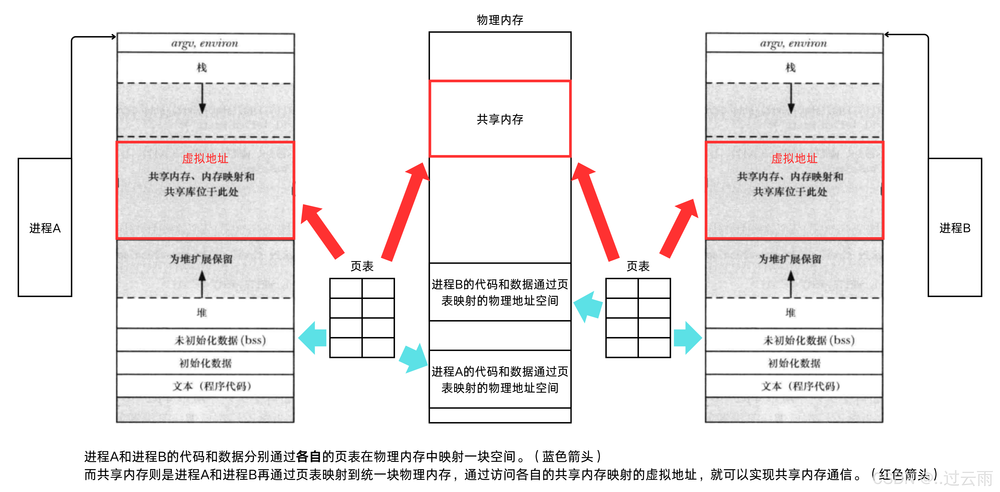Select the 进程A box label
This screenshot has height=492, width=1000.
45,228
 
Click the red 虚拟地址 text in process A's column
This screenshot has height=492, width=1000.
205,158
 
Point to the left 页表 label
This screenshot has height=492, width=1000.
362,266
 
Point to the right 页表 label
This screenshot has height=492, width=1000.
638,266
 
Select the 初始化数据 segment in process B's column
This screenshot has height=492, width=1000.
794,363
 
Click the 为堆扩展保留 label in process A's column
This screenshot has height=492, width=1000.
201,259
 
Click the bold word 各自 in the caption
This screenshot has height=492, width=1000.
309,456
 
